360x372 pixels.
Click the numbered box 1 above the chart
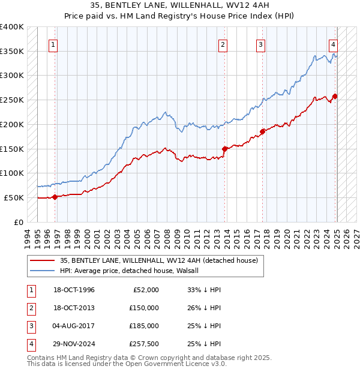point(53,44)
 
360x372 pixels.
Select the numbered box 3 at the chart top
point(261,44)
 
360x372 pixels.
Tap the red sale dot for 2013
point(224,149)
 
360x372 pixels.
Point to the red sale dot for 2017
point(262,131)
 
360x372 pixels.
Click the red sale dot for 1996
point(55,196)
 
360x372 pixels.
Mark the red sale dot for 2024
point(335,96)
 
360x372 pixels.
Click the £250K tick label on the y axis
point(12,100)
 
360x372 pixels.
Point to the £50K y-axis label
point(14,197)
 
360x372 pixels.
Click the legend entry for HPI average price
point(133,271)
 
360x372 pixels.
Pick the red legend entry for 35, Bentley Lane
point(158,260)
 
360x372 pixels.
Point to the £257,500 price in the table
point(144,344)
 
